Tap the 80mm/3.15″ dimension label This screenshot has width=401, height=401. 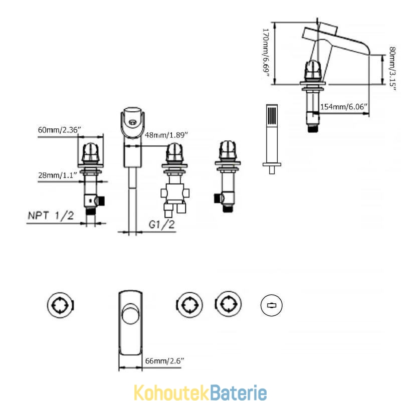[x=392, y=69]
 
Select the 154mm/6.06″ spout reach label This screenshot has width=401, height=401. [x=344, y=106]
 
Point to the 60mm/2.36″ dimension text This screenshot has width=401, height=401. [x=59, y=130]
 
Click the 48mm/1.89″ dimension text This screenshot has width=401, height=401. [x=166, y=135]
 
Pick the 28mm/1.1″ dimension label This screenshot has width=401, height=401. [x=58, y=175]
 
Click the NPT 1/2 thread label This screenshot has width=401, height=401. [x=51, y=216]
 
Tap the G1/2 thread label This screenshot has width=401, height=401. [x=161, y=224]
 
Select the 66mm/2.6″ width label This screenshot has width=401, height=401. [x=164, y=361]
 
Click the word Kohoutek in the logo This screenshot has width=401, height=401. [x=172, y=392]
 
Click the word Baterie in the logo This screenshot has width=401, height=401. [x=239, y=392]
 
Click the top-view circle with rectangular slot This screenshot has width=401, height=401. [x=272, y=305]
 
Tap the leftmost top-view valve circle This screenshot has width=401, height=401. [x=60, y=305]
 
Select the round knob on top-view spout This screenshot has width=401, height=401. [x=131, y=314]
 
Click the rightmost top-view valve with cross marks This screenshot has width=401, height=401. [x=228, y=304]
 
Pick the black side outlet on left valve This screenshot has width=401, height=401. [x=102, y=201]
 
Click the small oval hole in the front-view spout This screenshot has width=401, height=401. [x=132, y=122]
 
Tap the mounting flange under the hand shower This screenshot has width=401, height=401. [x=272, y=164]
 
